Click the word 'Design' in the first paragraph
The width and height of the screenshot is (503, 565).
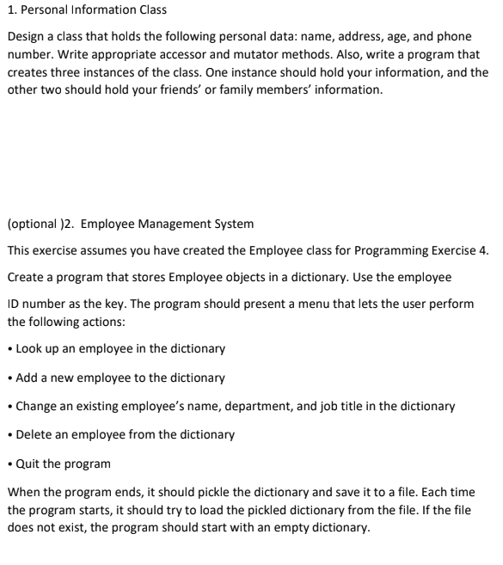[28, 36]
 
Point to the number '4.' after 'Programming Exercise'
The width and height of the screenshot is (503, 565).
[482, 250]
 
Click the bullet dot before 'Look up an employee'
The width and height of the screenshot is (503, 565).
[9, 349]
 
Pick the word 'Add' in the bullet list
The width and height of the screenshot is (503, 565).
[28, 378]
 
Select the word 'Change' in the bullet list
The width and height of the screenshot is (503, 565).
[37, 406]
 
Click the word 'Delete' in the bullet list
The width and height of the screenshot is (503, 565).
[34, 434]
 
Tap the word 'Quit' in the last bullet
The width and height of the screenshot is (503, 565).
[28, 464]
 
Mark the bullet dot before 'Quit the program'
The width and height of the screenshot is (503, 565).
[9, 464]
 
